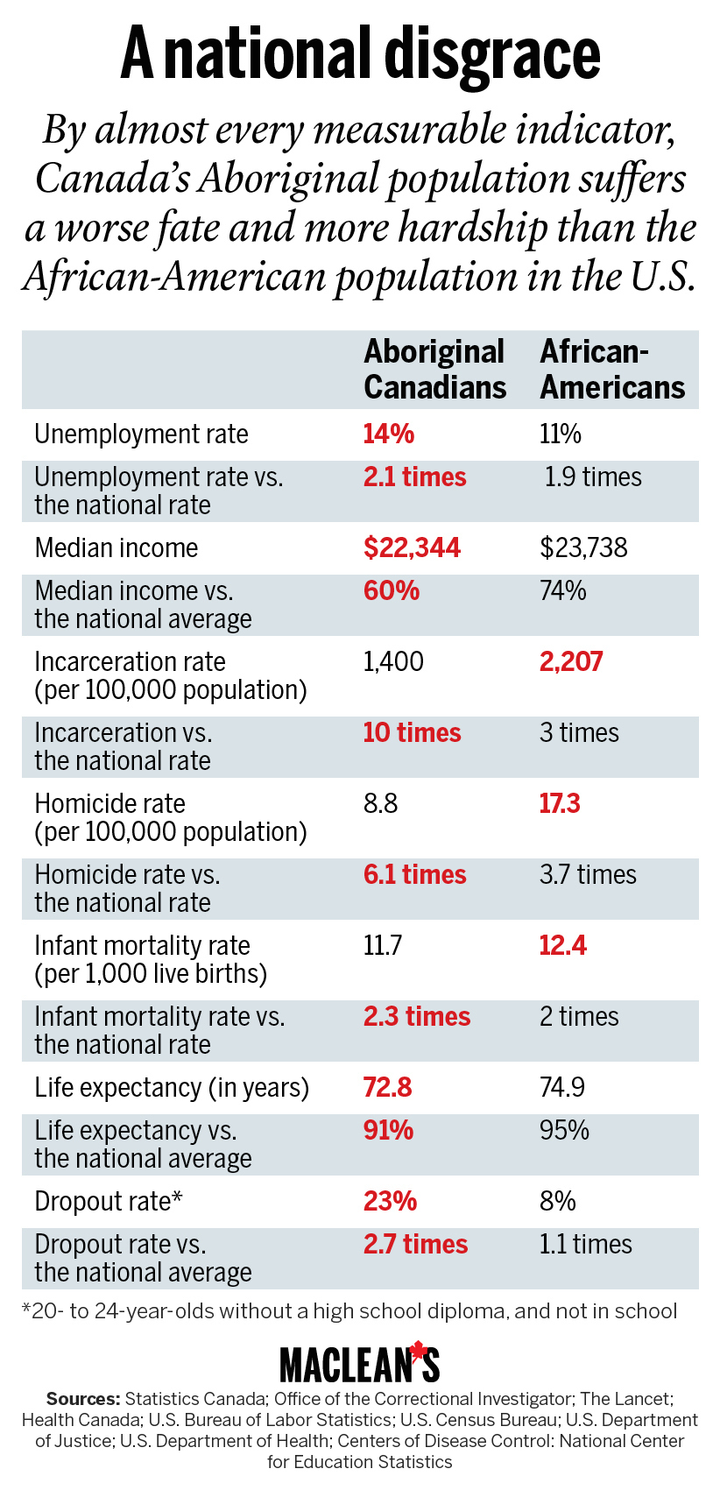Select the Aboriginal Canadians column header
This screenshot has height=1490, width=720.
(x=434, y=369)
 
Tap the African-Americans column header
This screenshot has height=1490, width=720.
(x=611, y=369)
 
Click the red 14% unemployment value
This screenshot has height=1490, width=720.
(x=389, y=434)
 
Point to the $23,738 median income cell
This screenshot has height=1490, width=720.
(x=583, y=548)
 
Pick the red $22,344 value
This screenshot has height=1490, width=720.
(x=412, y=548)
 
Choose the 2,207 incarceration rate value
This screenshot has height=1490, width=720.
(x=571, y=661)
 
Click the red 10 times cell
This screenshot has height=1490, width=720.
(x=412, y=733)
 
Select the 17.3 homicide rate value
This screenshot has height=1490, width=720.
(x=560, y=803)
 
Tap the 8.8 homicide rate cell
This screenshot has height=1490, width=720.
(x=380, y=803)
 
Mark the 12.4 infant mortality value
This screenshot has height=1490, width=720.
(x=562, y=945)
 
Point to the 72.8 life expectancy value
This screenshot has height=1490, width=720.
(x=387, y=1087)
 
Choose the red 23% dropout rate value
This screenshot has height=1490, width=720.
(x=390, y=1201)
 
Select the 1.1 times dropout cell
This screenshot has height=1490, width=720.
(x=585, y=1244)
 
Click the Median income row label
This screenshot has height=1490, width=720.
(x=116, y=548)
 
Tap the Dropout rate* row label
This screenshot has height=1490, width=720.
(x=108, y=1201)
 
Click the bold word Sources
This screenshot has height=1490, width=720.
(x=83, y=1399)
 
